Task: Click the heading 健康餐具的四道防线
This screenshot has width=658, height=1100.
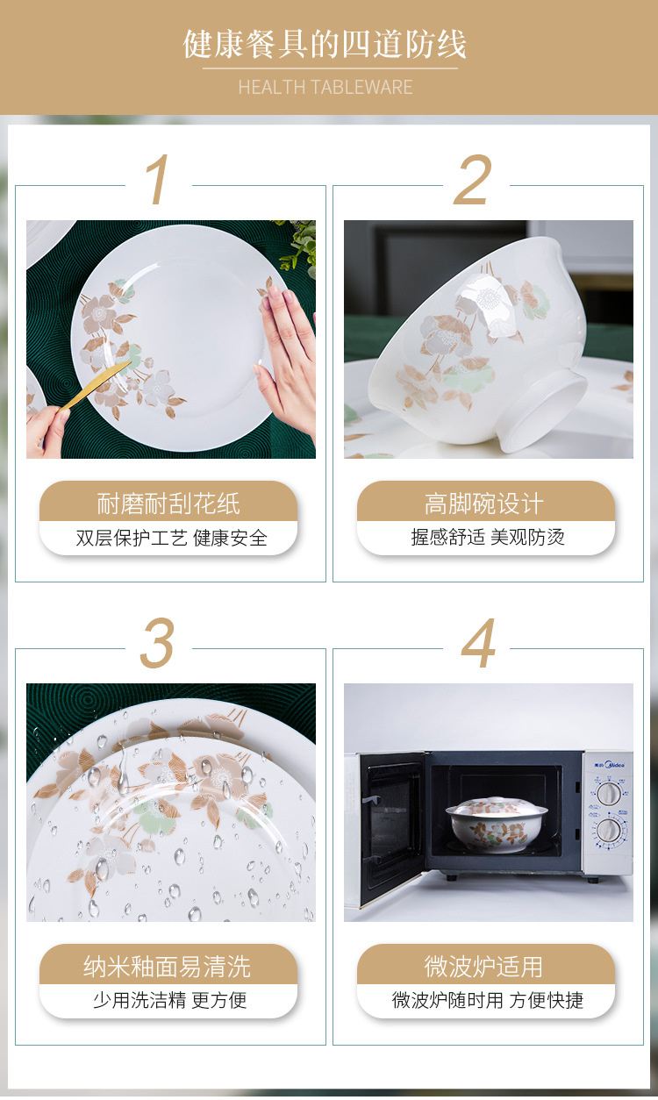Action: click(325, 45)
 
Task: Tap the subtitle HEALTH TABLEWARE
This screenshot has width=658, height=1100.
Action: click(325, 87)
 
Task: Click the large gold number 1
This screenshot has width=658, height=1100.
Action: click(158, 182)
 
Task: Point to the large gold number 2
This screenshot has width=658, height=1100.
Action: click(474, 182)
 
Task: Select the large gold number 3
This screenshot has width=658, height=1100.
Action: click(158, 644)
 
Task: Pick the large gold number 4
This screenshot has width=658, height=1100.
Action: click(479, 644)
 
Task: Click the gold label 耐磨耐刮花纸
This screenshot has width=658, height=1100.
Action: click(168, 504)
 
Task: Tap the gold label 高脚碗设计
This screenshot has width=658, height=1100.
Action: click(484, 504)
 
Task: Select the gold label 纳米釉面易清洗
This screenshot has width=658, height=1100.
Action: click(168, 967)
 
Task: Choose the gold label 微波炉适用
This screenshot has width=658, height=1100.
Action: click(484, 967)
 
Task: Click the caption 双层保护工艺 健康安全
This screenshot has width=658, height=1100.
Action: click(171, 538)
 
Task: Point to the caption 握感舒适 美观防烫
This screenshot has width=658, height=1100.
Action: click(488, 537)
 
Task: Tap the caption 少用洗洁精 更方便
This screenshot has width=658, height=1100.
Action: click(170, 1000)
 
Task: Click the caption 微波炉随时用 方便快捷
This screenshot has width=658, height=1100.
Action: click(487, 1000)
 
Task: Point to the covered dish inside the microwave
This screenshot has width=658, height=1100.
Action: click(497, 825)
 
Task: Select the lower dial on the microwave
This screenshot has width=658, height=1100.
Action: click(609, 830)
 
